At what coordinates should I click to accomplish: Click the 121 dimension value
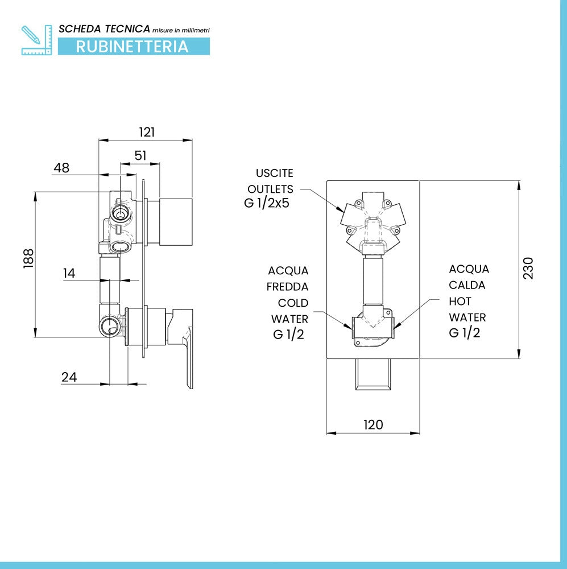(x=147, y=132)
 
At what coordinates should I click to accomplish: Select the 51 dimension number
(x=140, y=155)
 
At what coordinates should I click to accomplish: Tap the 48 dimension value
(x=61, y=168)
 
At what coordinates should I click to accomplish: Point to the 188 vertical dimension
(x=28, y=258)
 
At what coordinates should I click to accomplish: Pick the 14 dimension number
(x=69, y=273)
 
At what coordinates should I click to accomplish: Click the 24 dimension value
(x=69, y=377)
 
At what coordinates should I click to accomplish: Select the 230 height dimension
(x=528, y=268)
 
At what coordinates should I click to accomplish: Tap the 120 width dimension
(x=373, y=424)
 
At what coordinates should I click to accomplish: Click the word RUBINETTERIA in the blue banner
(x=132, y=47)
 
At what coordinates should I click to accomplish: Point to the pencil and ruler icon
(x=36, y=40)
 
